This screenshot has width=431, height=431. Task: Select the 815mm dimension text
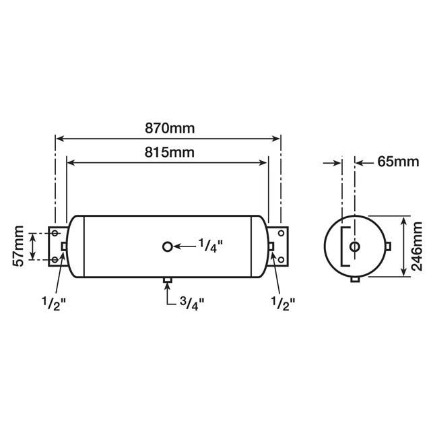coord(167,152)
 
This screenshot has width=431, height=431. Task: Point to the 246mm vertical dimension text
coord(417,247)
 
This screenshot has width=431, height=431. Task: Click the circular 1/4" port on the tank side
coord(168,246)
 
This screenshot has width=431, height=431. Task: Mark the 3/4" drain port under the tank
coord(168,279)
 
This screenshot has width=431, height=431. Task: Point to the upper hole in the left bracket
coord(55,234)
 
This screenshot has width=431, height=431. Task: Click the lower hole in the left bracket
coord(55,259)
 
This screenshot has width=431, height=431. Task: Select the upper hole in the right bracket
coord(280,234)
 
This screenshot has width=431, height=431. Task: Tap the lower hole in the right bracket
coord(280,259)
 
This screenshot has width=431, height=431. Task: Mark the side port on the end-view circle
coord(389,247)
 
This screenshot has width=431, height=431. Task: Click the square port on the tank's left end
coord(64,246)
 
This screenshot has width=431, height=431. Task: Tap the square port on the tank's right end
coord(271,246)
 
